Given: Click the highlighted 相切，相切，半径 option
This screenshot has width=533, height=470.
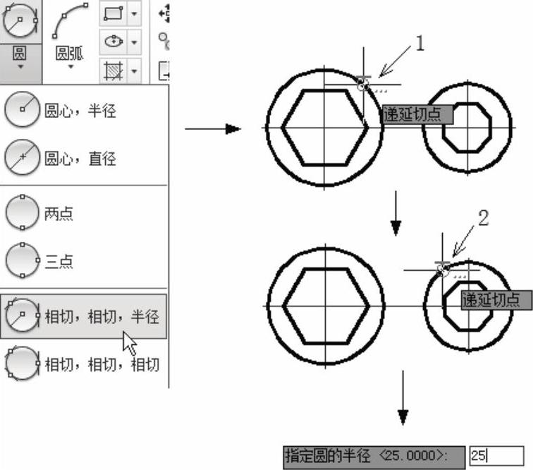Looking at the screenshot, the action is pos(84,316).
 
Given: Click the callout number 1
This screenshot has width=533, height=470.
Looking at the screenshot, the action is pos(420,43).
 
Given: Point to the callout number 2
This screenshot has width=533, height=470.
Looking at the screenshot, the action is pos(484,218).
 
